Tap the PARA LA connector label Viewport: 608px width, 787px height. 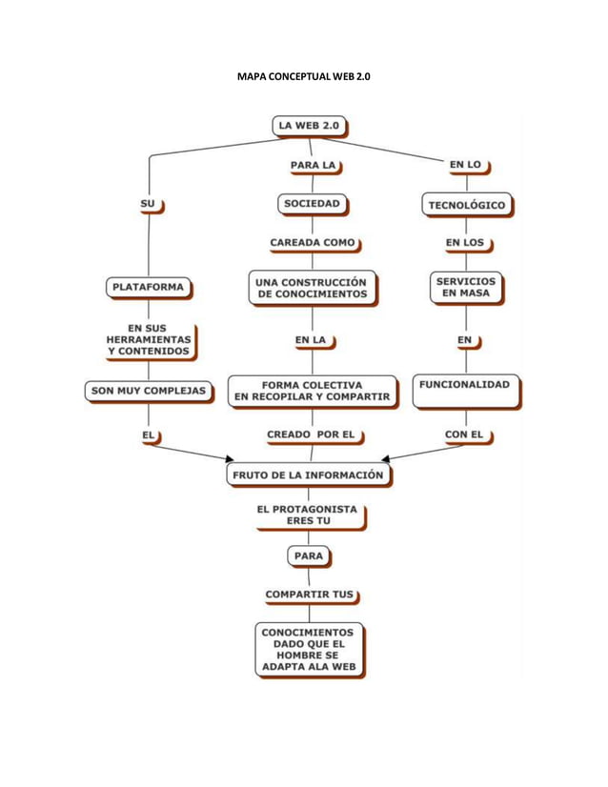314,165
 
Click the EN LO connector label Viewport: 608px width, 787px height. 465,165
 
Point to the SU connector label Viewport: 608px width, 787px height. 148,203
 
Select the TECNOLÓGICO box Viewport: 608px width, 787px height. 466,204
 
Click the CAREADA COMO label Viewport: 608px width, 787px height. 313,243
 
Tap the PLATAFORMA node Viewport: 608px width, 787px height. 148,286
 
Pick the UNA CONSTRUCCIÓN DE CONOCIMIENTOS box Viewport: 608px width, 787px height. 313,288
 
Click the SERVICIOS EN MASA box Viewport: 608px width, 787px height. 465,287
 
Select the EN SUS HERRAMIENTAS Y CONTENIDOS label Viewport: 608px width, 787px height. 148,339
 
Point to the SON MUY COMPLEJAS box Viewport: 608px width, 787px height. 148,390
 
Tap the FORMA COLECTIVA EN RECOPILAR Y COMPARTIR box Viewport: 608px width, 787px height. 313,390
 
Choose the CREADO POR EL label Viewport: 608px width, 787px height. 311,434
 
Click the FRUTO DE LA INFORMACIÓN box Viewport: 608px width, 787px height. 309,474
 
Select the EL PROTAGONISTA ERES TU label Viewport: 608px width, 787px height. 307,515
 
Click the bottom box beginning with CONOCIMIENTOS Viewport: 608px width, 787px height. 308,649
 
